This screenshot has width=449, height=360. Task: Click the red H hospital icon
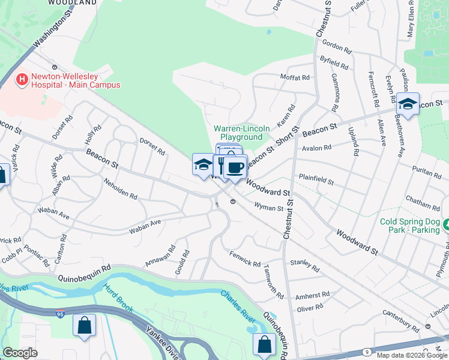click(x=22, y=79)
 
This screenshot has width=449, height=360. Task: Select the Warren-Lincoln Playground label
click(x=238, y=133)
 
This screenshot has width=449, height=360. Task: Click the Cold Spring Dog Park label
click(x=409, y=226)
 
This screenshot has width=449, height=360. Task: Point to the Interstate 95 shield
click(x=62, y=314)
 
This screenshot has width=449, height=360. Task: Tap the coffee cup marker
click(x=236, y=167)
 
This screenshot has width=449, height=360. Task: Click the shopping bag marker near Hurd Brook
click(x=85, y=326)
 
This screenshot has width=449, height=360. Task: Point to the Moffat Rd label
click(x=295, y=77)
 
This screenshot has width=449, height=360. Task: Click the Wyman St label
click(x=268, y=208)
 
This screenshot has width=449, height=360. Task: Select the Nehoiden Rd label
click(x=120, y=189)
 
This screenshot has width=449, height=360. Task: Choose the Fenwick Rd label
click(x=244, y=259)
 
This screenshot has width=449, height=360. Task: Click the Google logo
click(x=20, y=353)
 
